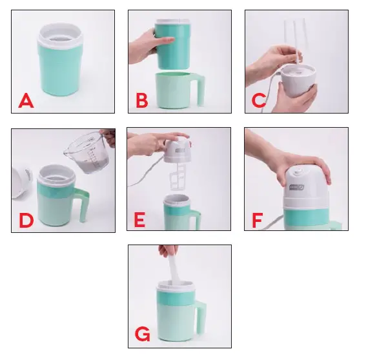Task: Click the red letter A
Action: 26,101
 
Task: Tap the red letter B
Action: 142,101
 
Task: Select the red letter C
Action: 259,101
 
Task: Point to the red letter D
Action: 26,220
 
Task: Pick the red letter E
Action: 139,219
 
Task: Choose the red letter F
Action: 258,220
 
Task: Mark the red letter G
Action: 143,334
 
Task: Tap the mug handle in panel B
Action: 200,90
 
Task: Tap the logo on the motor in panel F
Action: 297,187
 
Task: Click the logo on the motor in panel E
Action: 180,151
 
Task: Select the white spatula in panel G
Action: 174,269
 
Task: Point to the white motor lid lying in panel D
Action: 22,183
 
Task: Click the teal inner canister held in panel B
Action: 173,45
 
